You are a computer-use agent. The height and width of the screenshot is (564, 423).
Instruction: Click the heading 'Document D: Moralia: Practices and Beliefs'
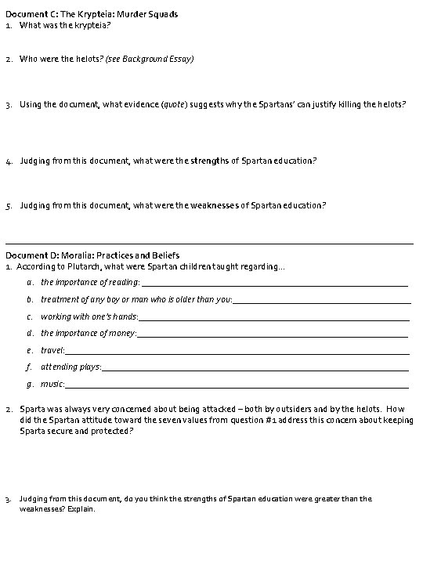click(x=92, y=255)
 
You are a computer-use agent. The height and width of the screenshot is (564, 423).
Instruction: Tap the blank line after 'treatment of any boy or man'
click(x=322, y=302)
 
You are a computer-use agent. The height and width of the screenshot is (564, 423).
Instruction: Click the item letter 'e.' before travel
click(x=29, y=350)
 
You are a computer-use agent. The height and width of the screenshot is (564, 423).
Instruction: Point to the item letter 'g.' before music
click(x=29, y=384)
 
